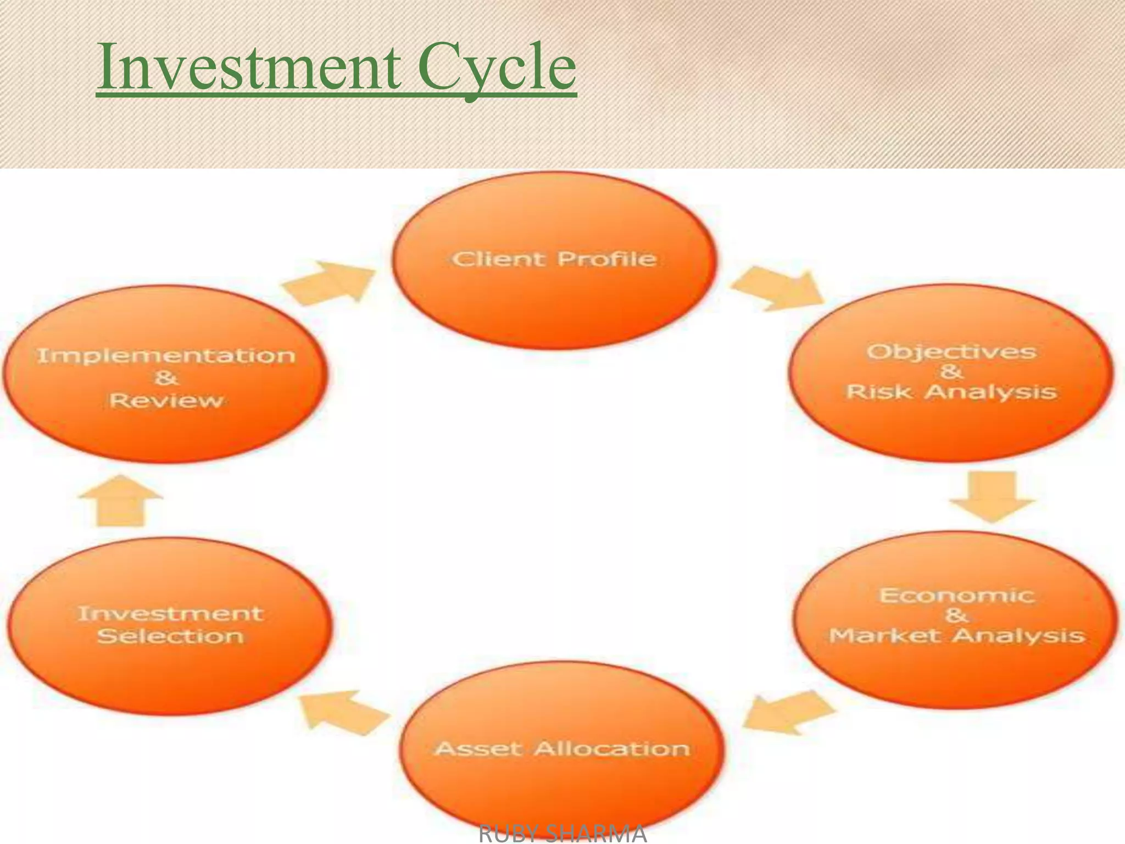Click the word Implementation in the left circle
pyautogui.click(x=166, y=356)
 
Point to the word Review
pyautogui.click(x=166, y=400)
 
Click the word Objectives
pyautogui.click(x=951, y=352)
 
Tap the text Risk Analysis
pyautogui.click(x=951, y=392)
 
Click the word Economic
pyautogui.click(x=957, y=596)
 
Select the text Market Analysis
pyautogui.click(x=957, y=636)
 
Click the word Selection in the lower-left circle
pyautogui.click(x=170, y=636)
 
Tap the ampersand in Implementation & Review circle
pyautogui.click(x=166, y=378)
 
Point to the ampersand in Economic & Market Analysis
pyautogui.click(x=956, y=615)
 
